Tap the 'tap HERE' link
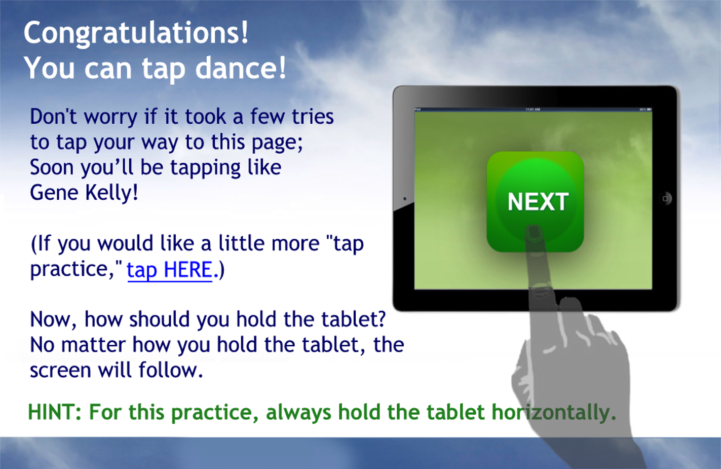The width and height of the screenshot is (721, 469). coord(170,270)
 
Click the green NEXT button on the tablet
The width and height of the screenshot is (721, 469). coord(535,202)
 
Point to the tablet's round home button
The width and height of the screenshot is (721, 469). coord(665,198)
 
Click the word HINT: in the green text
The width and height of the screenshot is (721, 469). coord(55,412)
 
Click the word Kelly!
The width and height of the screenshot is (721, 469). coord(111,193)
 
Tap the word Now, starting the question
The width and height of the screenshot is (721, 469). coord(53,320)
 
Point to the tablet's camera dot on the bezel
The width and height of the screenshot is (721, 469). coord(405,198)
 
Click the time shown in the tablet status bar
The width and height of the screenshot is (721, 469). coord(533,110)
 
